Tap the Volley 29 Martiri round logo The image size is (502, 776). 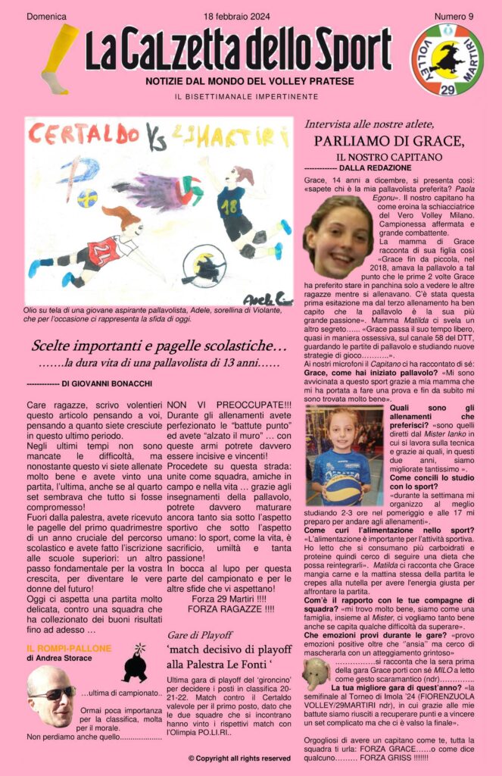pyautogui.click(x=446, y=59)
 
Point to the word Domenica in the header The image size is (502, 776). pyautogui.click(x=46, y=17)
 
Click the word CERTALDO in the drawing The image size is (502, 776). pyautogui.click(x=83, y=135)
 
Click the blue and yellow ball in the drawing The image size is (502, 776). pyautogui.click(x=87, y=199)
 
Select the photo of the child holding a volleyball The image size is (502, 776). pyautogui.click(x=345, y=455)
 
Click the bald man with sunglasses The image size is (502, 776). pyautogui.click(x=51, y=696)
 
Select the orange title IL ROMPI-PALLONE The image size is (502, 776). pyautogui.click(x=69, y=649)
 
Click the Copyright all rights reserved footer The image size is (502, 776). pyautogui.click(x=239, y=757)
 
